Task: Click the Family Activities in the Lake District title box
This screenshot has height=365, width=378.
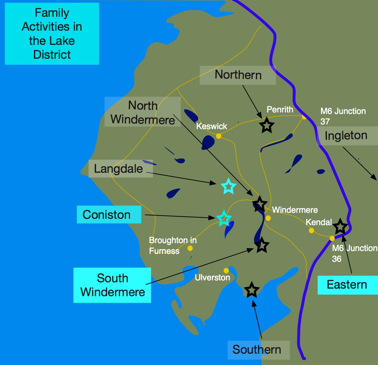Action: (x=52, y=34)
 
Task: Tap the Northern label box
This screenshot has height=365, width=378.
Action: (x=238, y=75)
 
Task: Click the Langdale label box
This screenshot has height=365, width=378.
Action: (x=121, y=169)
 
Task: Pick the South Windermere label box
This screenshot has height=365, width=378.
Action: (x=112, y=285)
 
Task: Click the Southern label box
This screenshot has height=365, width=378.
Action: (x=258, y=350)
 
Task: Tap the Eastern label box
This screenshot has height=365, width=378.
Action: (x=347, y=285)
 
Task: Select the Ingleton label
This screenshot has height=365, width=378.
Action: (x=346, y=136)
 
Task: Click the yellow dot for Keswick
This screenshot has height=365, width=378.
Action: (x=219, y=136)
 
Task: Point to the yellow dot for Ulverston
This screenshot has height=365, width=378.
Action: (x=226, y=271)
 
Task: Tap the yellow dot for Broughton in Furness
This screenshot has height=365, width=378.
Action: (x=190, y=248)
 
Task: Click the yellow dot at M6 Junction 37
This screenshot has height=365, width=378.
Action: (x=304, y=117)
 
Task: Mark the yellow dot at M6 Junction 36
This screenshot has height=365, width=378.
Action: (x=332, y=238)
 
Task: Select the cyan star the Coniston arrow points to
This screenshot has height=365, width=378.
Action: (x=224, y=218)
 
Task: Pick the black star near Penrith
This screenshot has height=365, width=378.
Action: (x=267, y=126)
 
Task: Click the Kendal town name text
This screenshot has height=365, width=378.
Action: (x=318, y=222)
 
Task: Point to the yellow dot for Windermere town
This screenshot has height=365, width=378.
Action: (x=268, y=218)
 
